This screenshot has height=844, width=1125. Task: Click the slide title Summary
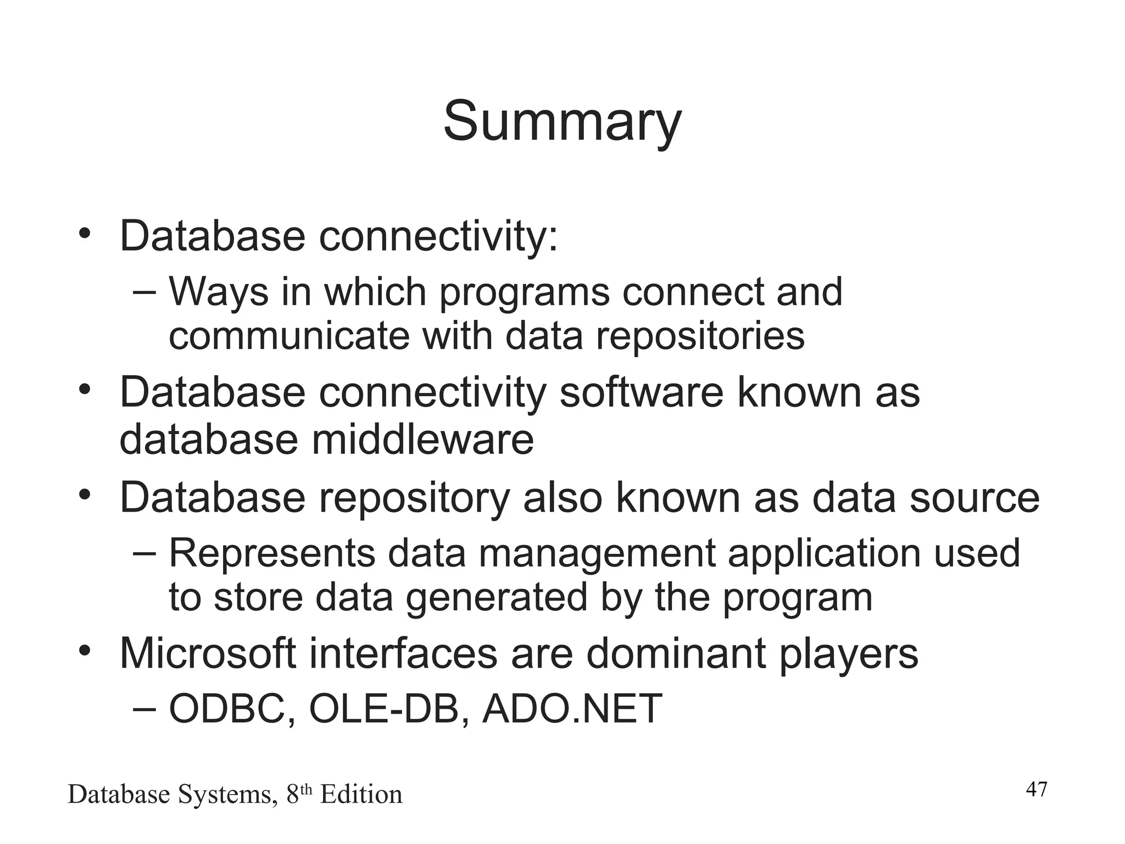pyautogui.click(x=562, y=122)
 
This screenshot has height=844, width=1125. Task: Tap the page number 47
pyautogui.click(x=1037, y=790)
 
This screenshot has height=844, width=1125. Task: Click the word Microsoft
pyautogui.click(x=208, y=653)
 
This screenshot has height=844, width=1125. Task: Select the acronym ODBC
pyautogui.click(x=230, y=709)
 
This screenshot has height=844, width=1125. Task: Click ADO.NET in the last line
pyautogui.click(x=572, y=709)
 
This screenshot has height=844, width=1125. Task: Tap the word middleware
pyautogui.click(x=422, y=440)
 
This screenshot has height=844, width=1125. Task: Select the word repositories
pyautogui.click(x=700, y=336)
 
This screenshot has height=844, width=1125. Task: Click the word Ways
pyautogui.click(x=219, y=292)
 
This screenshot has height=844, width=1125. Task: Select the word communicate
pyautogui.click(x=289, y=336)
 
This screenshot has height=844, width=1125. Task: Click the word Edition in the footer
pyautogui.click(x=361, y=795)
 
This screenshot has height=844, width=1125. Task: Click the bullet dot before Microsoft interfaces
pyautogui.click(x=84, y=651)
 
